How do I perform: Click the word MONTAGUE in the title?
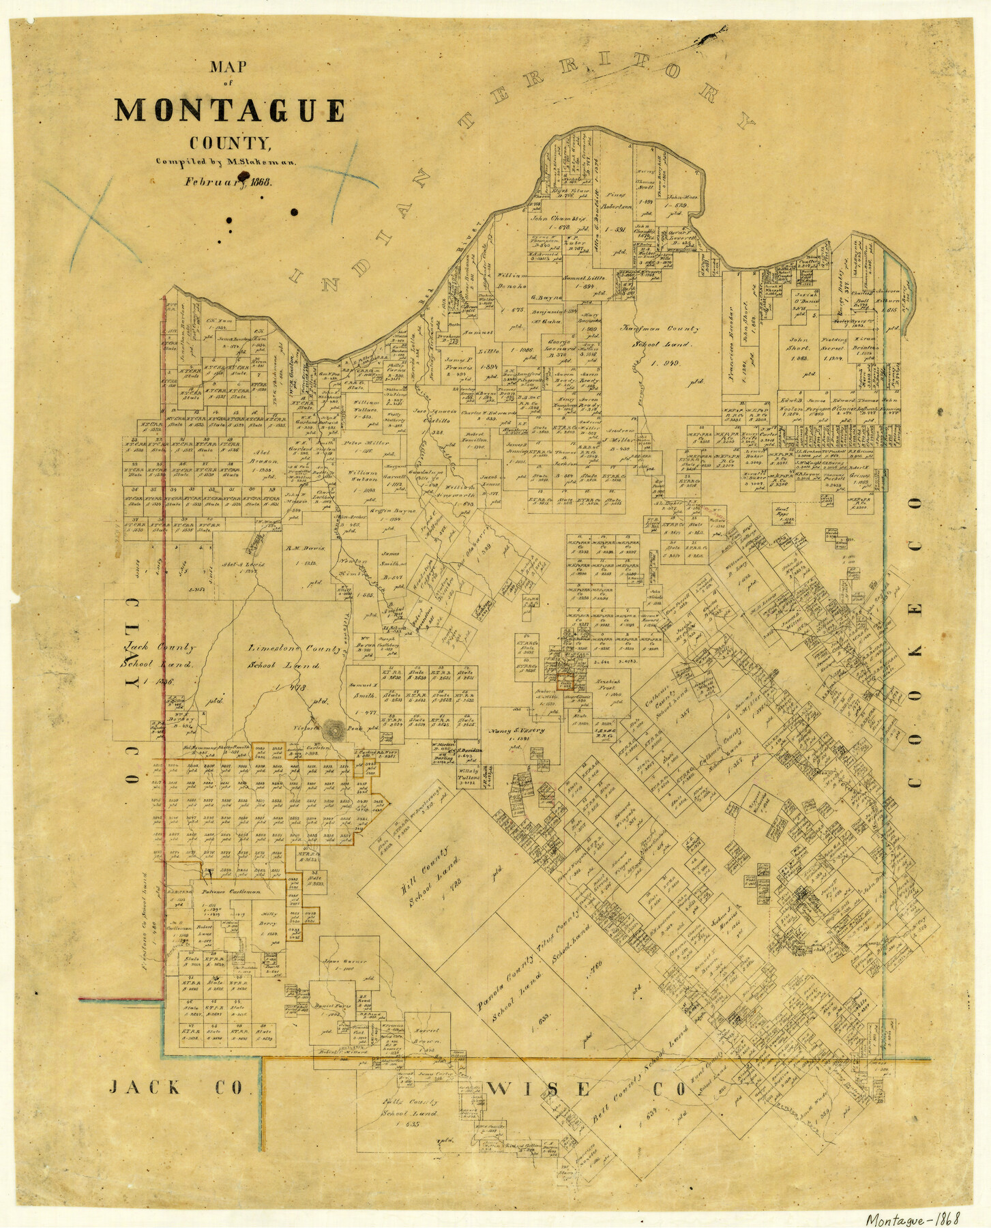pyautogui.click(x=230, y=111)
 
